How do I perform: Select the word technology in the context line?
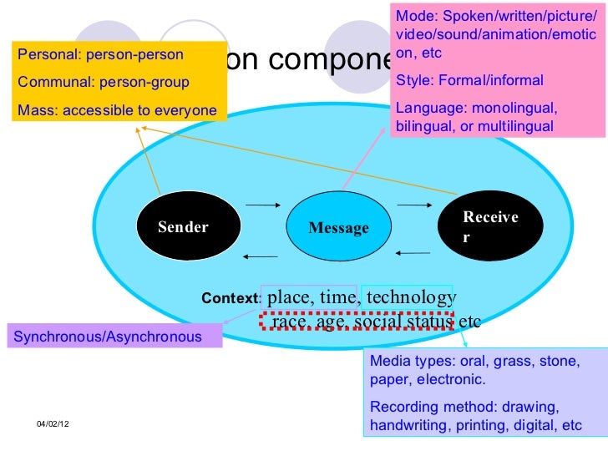pyautogui.click(x=411, y=297)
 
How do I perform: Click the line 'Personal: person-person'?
pyautogui.click(x=100, y=56)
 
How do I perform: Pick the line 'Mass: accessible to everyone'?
pyautogui.click(x=117, y=109)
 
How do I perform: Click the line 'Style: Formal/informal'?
pyautogui.click(x=469, y=81)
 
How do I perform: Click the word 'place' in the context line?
pyautogui.click(x=288, y=297)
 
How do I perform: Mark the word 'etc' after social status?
pyautogui.click(x=469, y=321)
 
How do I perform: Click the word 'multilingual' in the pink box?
pyautogui.click(x=515, y=127)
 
